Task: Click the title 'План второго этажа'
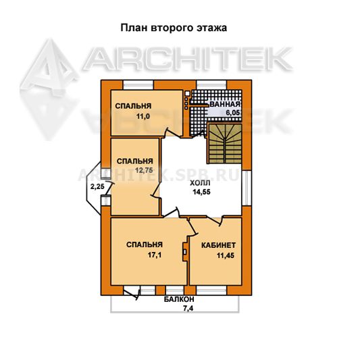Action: tap(174, 28)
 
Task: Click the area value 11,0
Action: tap(143, 117)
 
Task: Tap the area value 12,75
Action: tap(144, 170)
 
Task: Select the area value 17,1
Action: tap(154, 255)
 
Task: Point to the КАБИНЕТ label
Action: tap(218, 245)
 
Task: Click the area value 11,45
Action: tap(226, 255)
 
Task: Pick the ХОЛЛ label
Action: tap(200, 183)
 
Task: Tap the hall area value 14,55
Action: tap(201, 192)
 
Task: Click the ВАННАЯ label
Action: tap(225, 104)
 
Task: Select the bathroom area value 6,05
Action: tap(233, 113)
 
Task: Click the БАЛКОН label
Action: tap(179, 299)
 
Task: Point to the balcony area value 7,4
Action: tap(188, 309)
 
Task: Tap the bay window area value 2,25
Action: tap(97, 186)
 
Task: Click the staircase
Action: tap(225, 143)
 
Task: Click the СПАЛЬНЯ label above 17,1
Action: tap(145, 245)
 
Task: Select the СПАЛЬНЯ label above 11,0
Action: tap(133, 106)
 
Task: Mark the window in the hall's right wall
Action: tap(247, 188)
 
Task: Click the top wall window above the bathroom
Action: tap(212, 85)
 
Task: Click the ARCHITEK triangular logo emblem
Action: tap(49, 90)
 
